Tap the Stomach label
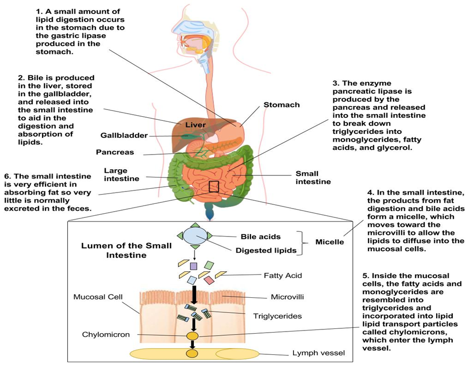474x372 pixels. click(x=282, y=105)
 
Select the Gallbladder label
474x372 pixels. click(x=124, y=135)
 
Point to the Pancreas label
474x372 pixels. click(x=115, y=153)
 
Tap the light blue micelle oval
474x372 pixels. click(x=194, y=237)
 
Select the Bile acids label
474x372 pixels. click(x=261, y=237)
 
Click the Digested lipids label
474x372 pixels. click(x=265, y=251)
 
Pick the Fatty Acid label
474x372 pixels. click(x=283, y=275)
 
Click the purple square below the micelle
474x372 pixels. click(x=194, y=266)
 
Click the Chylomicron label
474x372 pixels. click(x=106, y=335)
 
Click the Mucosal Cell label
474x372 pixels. click(x=99, y=297)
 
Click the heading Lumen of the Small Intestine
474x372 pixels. click(x=126, y=250)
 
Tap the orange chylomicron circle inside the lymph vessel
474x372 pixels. click(x=192, y=354)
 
